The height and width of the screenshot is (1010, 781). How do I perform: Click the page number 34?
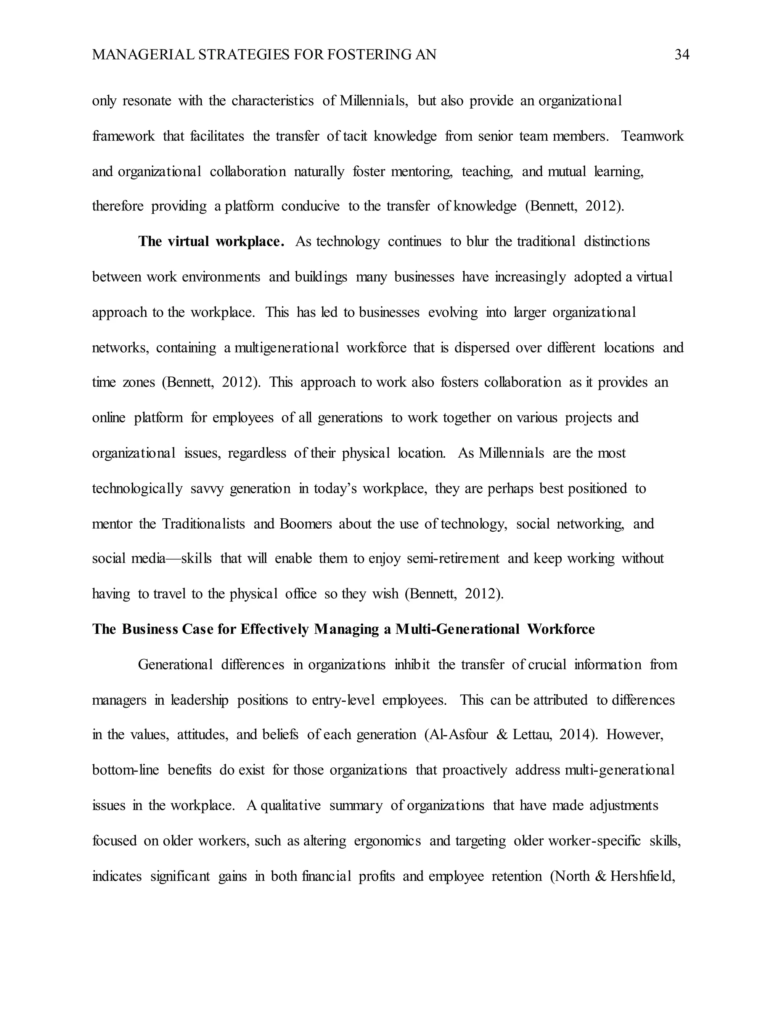tap(682, 55)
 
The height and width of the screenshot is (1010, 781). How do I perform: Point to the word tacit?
tap(355, 136)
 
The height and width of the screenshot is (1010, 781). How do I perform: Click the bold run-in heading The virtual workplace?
tap(211, 241)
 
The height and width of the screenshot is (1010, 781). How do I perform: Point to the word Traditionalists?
tap(204, 524)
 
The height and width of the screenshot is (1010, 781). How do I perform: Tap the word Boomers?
tap(306, 524)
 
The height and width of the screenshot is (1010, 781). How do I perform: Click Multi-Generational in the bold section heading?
tap(458, 629)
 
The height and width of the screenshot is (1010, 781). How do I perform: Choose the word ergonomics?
tap(387, 841)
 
